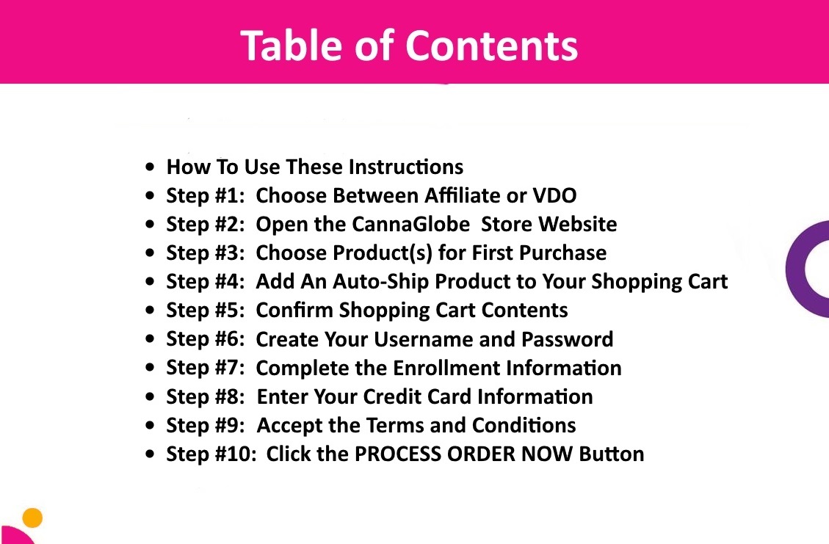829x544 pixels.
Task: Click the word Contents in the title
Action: coord(492,46)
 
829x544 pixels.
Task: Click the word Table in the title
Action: coord(292,46)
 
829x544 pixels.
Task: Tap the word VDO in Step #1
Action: coord(554,195)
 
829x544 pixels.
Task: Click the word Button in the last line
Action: coord(612,454)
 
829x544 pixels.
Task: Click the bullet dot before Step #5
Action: coord(150,311)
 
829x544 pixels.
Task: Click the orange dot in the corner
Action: coord(33,518)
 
